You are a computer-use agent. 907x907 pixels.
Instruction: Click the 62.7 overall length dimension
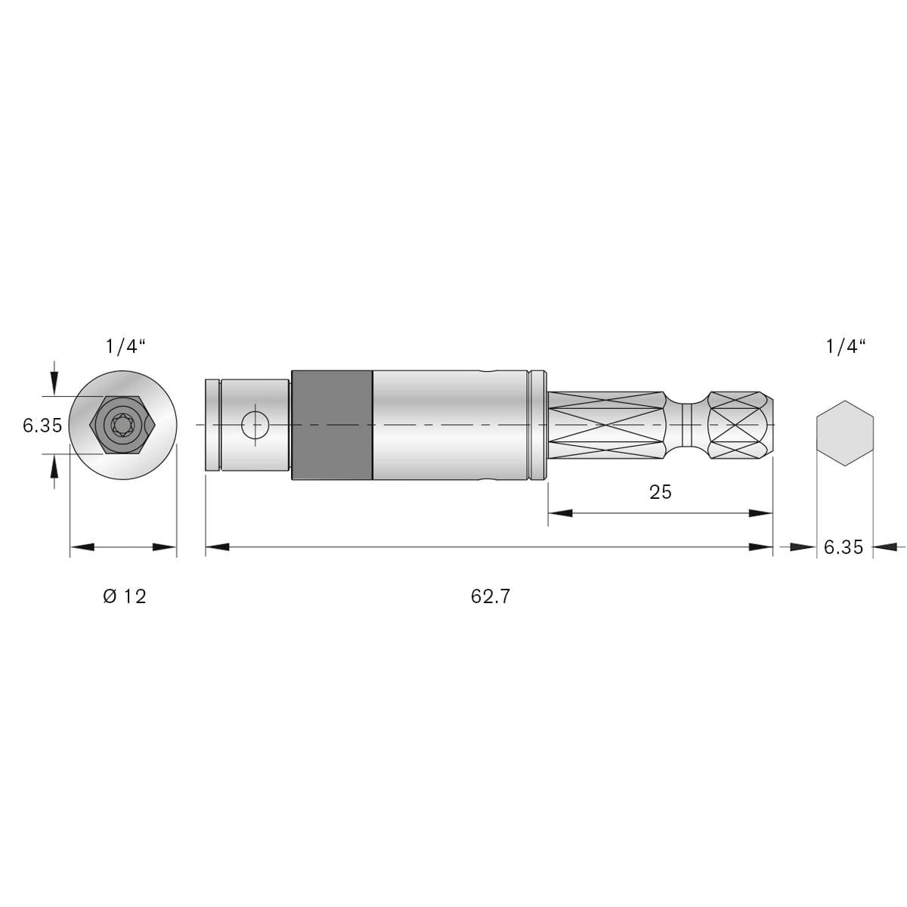[491, 596]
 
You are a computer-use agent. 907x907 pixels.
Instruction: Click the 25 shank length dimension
[660, 492]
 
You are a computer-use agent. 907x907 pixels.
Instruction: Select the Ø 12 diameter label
[124, 596]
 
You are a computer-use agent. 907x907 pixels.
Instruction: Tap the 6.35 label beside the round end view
[42, 426]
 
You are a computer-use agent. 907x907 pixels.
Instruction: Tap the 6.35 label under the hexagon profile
[843, 547]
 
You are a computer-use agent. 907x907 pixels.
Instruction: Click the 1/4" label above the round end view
[125, 347]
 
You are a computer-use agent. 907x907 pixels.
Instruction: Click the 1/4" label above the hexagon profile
[845, 347]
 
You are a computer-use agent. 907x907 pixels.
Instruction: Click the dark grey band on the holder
[332, 425]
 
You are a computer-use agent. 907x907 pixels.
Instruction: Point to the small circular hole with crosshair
[255, 425]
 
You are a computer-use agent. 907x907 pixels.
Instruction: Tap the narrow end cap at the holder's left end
[212, 426]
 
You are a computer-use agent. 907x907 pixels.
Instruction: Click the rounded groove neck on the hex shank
[687, 425]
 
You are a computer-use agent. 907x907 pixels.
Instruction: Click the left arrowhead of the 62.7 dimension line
[217, 546]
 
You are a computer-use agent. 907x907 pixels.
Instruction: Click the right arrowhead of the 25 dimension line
[761, 513]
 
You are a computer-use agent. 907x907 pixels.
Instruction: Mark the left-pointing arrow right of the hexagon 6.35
[884, 544]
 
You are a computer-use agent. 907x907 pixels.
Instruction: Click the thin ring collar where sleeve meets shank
[537, 425]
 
